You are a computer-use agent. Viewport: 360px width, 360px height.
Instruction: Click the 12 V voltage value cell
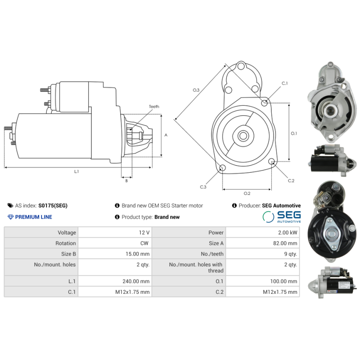144,233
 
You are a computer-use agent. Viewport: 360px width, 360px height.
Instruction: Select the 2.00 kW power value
288,233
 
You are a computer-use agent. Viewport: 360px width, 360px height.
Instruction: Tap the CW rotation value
144,243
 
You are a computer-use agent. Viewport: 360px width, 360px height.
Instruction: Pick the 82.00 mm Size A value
285,243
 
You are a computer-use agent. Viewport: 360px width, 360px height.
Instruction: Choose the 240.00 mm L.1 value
136,281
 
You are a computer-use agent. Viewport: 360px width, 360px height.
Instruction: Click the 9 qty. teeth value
290,254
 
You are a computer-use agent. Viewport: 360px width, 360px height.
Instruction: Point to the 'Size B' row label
68,254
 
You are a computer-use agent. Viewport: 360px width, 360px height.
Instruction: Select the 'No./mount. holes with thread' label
196,267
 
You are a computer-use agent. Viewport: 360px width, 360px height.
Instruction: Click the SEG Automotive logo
282,217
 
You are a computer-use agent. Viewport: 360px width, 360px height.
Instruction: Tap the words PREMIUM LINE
33,217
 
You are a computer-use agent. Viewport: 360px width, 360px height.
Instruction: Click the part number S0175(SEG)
53,206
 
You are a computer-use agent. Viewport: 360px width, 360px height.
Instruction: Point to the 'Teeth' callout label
154,107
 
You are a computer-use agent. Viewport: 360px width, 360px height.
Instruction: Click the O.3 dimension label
196,90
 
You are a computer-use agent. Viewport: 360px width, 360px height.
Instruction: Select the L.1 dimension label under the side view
76,171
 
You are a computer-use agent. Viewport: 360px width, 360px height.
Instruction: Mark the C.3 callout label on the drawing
203,187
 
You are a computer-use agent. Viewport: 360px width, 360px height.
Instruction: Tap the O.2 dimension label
247,193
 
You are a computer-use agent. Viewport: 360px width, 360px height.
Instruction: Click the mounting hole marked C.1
264,103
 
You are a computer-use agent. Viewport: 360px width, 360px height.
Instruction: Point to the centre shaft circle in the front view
243,136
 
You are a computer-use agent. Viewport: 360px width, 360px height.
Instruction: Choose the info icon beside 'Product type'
117,217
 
